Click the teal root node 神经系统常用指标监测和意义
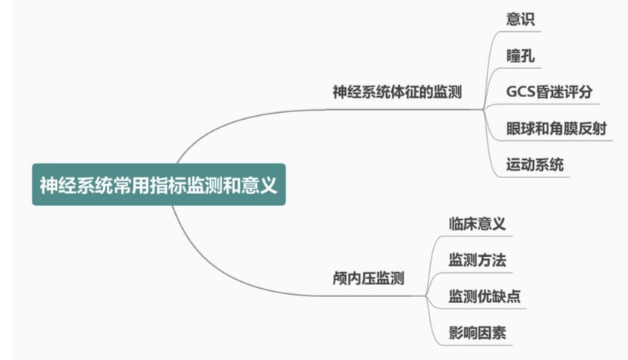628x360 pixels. (159, 184)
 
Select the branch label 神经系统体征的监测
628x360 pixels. (397, 92)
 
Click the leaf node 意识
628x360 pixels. (521, 20)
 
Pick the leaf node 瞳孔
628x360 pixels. (521, 56)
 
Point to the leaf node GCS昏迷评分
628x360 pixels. (549, 92)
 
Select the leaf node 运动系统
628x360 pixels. (535, 164)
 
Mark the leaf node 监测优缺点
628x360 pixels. (484, 296)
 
